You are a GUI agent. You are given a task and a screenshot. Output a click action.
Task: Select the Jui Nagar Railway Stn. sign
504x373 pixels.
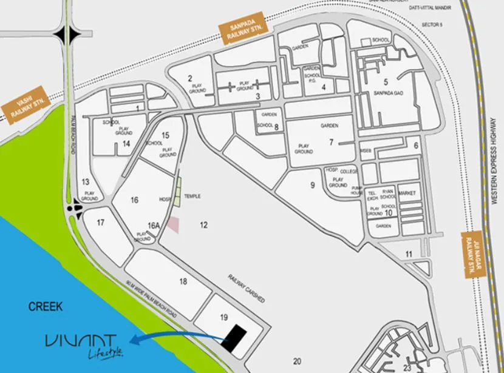click(x=471, y=255)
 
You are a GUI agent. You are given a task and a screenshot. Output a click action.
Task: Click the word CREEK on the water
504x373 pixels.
click(x=46, y=307)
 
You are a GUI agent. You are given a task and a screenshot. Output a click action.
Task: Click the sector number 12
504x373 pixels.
click(x=204, y=225)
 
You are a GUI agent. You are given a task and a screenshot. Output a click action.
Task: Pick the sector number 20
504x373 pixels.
click(x=297, y=361)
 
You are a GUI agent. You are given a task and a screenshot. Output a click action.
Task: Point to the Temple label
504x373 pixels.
click(x=192, y=197)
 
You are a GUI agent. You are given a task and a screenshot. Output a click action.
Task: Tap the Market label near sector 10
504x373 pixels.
click(x=406, y=192)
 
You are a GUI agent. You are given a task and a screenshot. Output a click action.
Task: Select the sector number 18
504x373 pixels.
click(x=183, y=281)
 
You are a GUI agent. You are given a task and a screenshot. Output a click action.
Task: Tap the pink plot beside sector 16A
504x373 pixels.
click(x=174, y=224)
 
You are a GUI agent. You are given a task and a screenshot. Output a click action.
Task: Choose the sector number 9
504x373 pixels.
click(x=313, y=185)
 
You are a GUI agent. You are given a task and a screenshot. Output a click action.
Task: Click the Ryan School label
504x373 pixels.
click(x=388, y=193)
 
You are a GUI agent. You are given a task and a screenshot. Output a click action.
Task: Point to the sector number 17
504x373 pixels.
click(x=101, y=222)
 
